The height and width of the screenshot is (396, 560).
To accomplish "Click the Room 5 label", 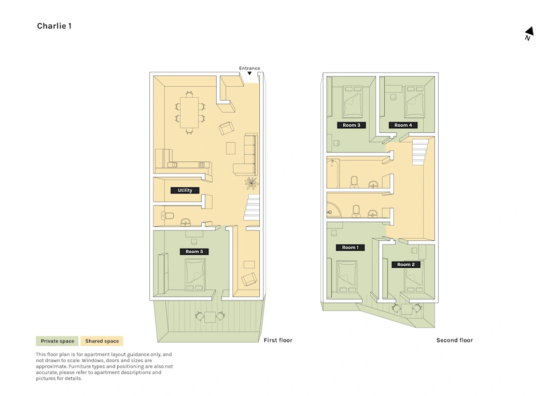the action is pos(194,252).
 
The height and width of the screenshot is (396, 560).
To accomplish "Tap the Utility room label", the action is pos(185,190).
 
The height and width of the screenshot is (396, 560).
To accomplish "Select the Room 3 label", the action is pos(352,125).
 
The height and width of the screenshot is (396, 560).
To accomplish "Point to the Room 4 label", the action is pos(403,125).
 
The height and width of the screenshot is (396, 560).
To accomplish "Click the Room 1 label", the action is pos(351,248).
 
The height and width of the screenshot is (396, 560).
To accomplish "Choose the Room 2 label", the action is pos(406,265).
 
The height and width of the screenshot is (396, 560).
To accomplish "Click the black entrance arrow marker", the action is pos(249,73).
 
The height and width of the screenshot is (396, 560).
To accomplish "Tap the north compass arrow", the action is pos(529,31).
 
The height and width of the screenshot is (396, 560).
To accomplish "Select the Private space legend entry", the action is pos(57,341).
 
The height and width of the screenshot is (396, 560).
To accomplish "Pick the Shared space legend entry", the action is pos(102,341).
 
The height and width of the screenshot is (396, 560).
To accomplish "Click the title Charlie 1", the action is pos(54,26).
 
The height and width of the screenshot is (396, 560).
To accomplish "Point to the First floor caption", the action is pos(278,340).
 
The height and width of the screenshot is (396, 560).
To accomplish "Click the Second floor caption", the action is pos(455,340).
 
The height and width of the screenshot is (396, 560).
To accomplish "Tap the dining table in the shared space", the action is pos(189,112).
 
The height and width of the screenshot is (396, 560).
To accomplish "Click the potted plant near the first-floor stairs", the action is pos(251,183).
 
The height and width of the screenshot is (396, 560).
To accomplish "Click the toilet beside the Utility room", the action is pos(167,215).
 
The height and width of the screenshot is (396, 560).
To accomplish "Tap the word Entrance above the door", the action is pos(249,69).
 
